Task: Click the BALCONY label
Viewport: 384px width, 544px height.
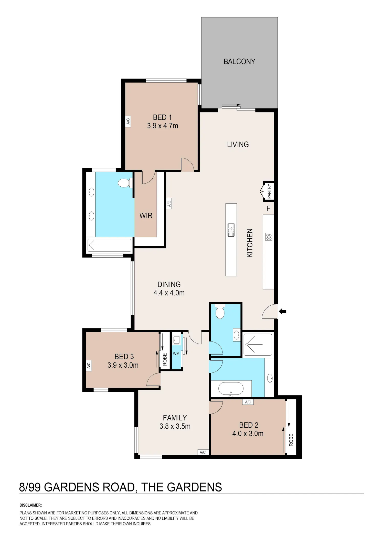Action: pos(239,62)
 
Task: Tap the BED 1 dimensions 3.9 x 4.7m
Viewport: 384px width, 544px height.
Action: pos(163,126)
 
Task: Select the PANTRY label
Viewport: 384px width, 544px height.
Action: pos(269,191)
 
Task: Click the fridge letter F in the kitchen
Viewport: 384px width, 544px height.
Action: pos(268,208)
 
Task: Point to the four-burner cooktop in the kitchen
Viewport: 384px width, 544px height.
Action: pos(269,237)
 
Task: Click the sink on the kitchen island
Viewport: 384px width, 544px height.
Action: pos(231,230)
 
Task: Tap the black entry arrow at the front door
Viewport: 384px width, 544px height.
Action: pos(283,311)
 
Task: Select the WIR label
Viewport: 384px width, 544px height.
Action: pos(146,216)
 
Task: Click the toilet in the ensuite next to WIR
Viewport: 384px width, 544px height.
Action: pos(125,183)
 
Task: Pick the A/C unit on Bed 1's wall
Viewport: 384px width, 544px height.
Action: pos(128,120)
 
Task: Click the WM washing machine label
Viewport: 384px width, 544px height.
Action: pos(176,354)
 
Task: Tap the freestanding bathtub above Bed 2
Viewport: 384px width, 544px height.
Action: pos(231,389)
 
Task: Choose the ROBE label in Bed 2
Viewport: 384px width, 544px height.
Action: pos(291,440)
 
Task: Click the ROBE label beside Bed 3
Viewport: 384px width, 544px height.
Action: pos(165,359)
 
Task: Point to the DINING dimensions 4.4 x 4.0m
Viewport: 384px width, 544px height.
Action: pos(169,293)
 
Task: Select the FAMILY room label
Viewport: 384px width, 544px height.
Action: pos(175,418)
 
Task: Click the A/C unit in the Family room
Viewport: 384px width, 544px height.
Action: pos(202,452)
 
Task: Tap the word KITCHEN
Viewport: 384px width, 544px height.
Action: pos(250,243)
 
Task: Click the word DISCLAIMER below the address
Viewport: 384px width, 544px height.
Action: pos(30,505)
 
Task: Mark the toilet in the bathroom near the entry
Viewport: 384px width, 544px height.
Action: pos(220,311)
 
